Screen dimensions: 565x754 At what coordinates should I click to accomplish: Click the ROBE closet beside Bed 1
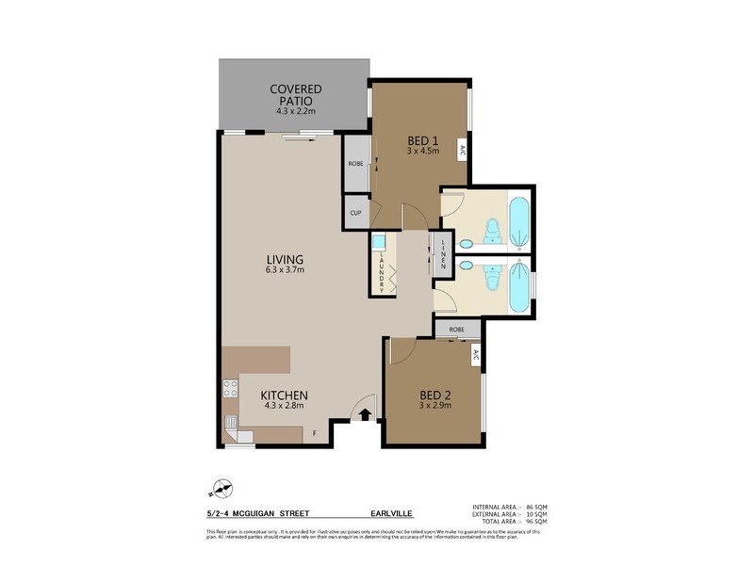[355, 164]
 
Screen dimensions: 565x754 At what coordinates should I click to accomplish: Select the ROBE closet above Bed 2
[456, 330]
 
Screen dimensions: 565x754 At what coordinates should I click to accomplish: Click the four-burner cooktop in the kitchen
[229, 388]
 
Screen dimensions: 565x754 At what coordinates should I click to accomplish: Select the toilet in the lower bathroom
[490, 280]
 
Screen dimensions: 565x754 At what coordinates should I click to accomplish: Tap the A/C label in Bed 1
[463, 150]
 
